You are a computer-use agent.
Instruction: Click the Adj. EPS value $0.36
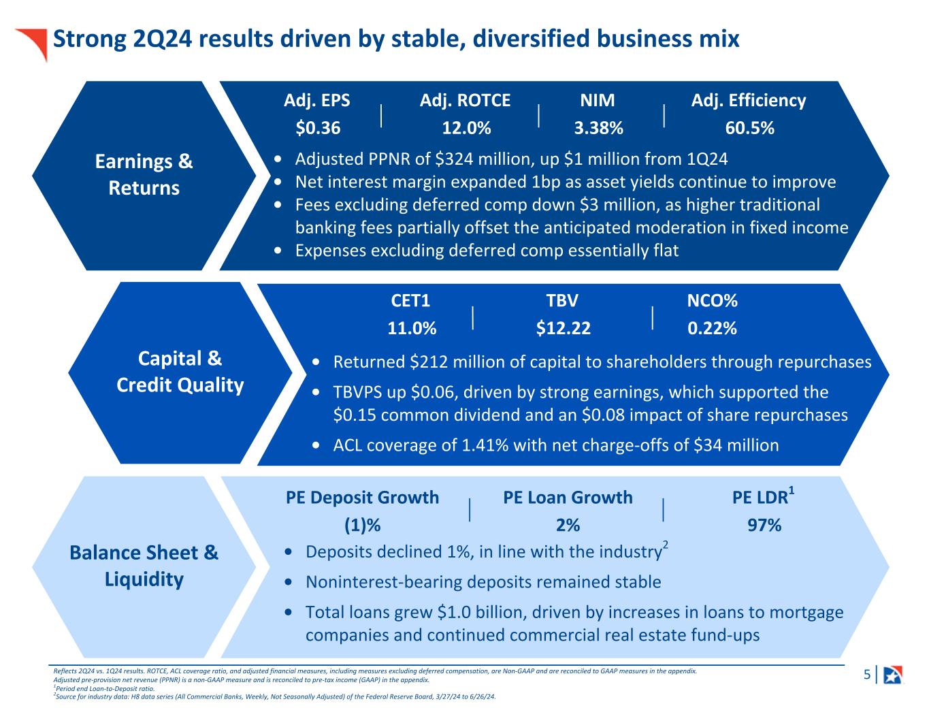[318, 128]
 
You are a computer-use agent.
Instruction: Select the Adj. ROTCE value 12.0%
[466, 128]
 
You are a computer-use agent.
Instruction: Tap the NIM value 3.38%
[598, 128]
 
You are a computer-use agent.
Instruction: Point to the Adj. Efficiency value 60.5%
[749, 128]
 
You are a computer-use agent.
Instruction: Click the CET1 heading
[410, 301]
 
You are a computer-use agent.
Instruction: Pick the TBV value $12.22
[563, 328]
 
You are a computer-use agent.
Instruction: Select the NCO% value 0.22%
[712, 328]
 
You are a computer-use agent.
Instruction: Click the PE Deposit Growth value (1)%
[361, 526]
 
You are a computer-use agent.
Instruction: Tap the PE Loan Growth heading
[568, 498]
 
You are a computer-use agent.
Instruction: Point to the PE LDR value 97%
[764, 526]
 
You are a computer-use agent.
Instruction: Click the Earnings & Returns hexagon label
[144, 175]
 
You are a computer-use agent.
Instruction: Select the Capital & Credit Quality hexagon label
[180, 372]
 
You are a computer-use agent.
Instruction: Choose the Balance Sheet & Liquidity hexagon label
[144, 566]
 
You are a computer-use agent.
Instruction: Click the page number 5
[866, 675]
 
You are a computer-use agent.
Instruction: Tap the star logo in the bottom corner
[892, 675]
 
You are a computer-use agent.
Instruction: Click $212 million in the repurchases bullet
[451, 362]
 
